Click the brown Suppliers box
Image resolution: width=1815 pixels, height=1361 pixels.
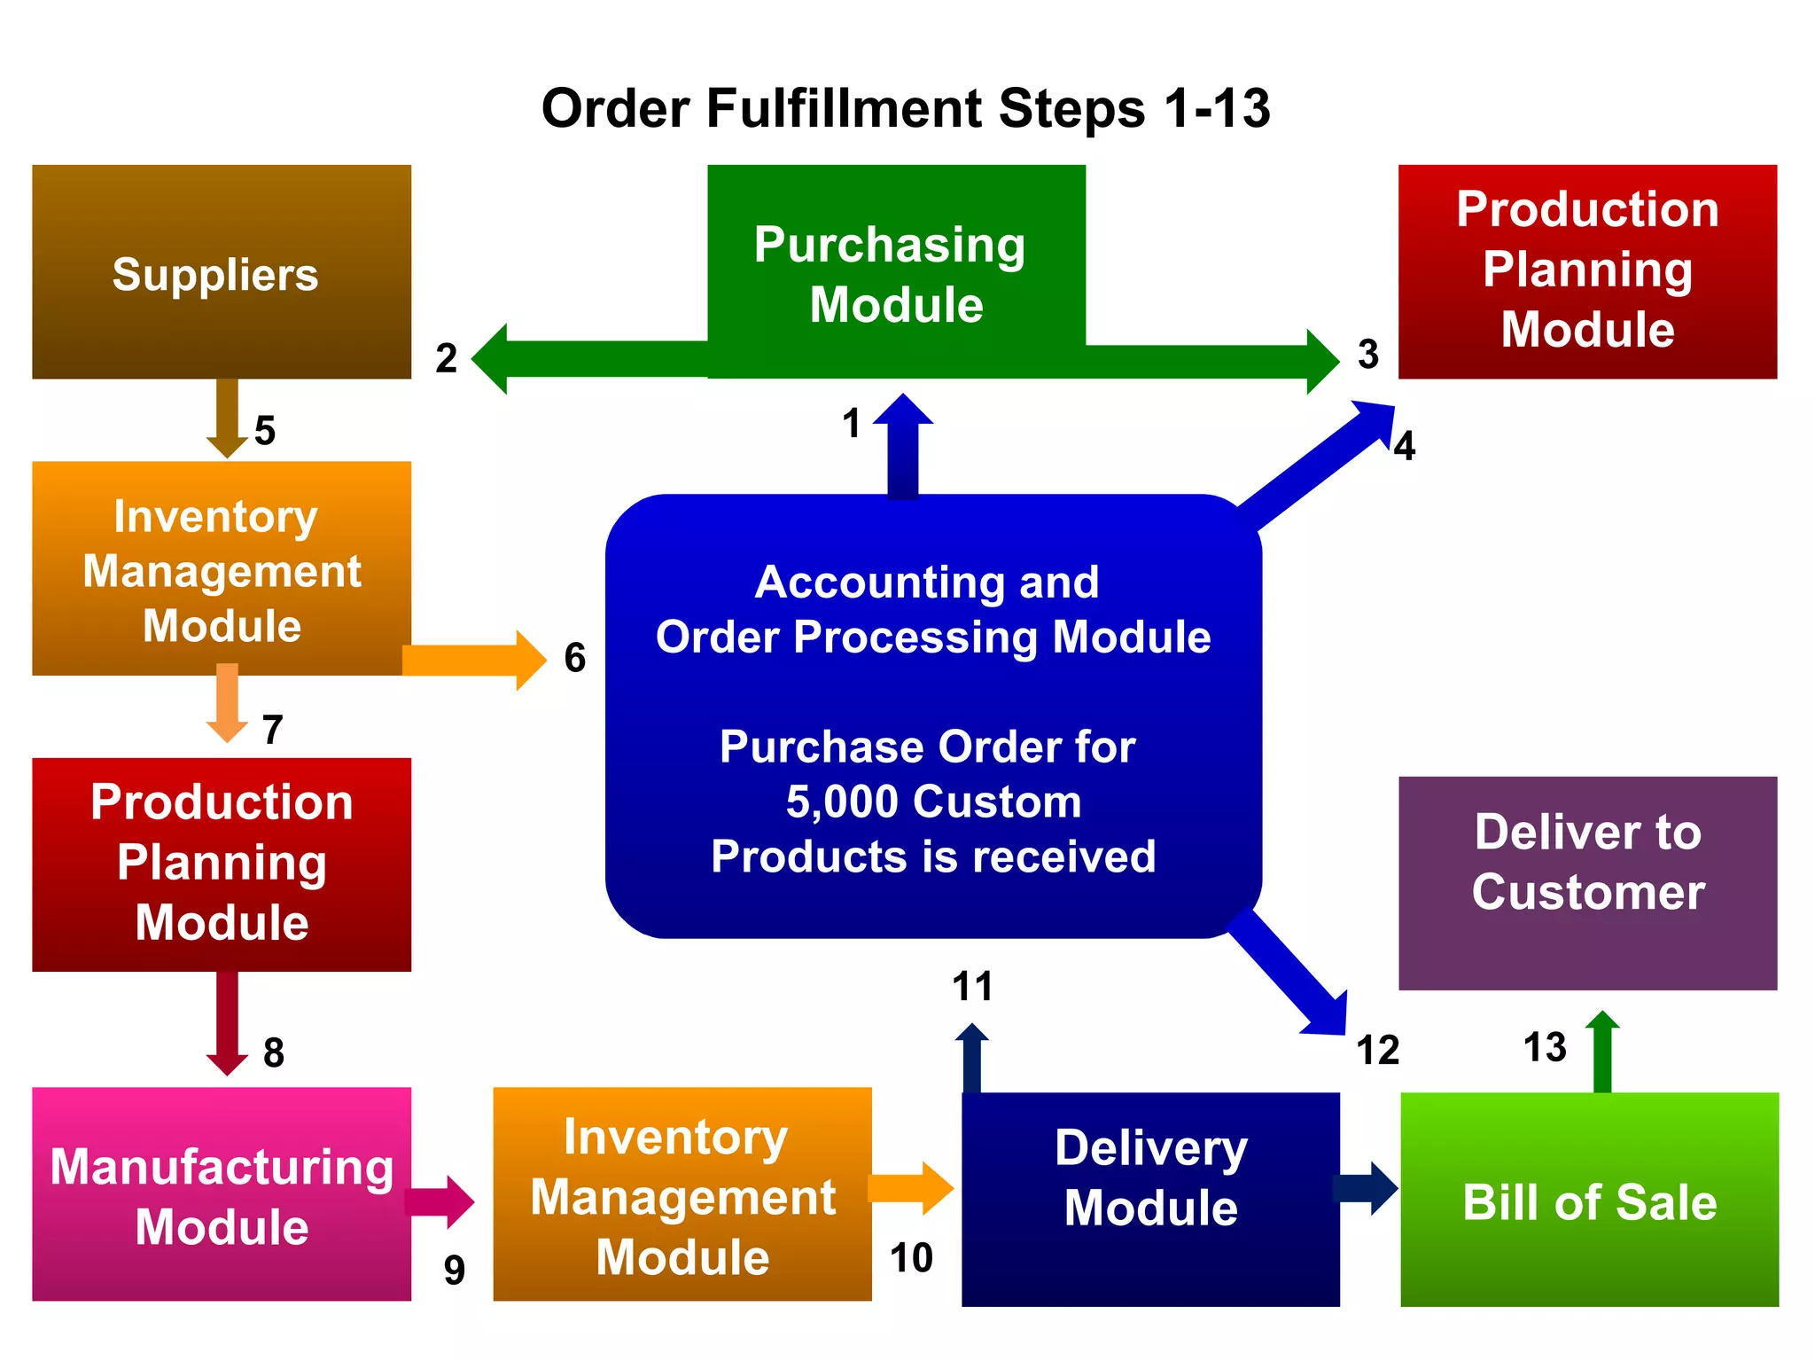(x=222, y=272)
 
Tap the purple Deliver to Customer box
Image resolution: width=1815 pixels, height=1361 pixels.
(x=1587, y=882)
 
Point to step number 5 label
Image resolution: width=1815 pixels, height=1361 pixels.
(x=265, y=431)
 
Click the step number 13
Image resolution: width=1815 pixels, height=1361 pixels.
(x=1545, y=1047)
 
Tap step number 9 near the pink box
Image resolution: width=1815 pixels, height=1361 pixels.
(x=455, y=1271)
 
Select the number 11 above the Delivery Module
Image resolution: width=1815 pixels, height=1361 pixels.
(x=972, y=987)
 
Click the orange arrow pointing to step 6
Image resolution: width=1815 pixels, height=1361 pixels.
(x=474, y=661)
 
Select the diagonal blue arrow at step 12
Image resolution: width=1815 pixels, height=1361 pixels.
(x=1289, y=974)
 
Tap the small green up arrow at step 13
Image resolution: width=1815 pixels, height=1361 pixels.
(x=1602, y=1051)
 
